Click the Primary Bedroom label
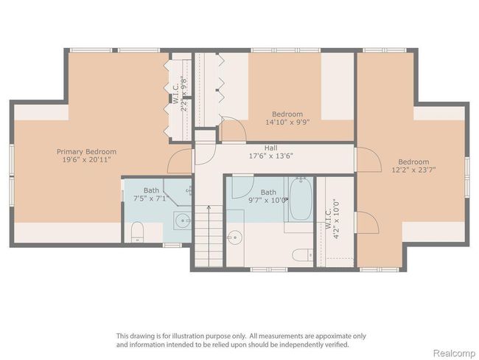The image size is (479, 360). click(86, 152)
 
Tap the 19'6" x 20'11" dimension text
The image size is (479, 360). click(86, 159)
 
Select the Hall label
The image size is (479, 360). click(271, 148)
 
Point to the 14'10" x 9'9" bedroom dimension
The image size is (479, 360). click(287, 122)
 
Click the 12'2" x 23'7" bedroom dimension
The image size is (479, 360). click(413, 170)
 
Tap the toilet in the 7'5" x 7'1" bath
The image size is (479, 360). click(137, 232)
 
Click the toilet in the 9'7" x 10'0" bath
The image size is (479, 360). click(302, 255)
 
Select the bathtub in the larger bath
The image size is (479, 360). click(301, 199)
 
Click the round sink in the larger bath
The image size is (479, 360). click(234, 237)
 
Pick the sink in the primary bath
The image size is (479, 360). click(183, 221)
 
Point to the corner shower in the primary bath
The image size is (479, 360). click(178, 192)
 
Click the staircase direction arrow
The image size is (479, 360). click(209, 235)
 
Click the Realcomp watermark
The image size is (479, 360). click(454, 353)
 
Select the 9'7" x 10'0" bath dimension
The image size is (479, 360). click(268, 201)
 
